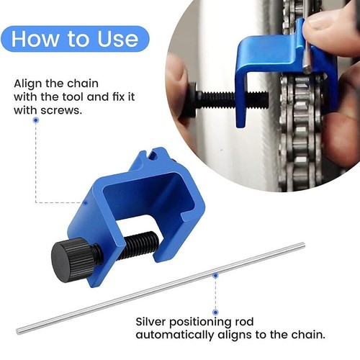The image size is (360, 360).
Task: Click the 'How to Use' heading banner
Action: click(75, 38)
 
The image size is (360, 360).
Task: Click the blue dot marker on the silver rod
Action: click(215, 274)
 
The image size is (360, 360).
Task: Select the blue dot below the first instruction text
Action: click(35, 120)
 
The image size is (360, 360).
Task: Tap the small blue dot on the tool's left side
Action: click(84, 202)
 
